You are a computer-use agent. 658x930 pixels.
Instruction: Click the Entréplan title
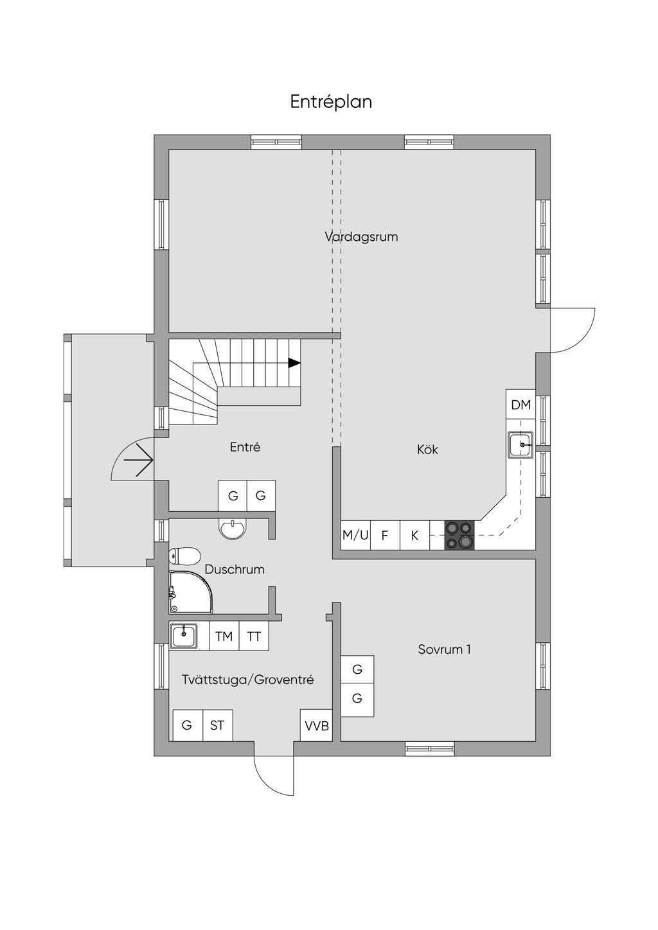[331, 102]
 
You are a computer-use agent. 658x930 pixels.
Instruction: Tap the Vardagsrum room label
[361, 237]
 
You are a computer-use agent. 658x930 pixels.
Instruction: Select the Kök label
[427, 449]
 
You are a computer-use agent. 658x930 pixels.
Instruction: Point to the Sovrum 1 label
[445, 649]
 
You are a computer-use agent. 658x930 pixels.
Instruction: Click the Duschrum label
[235, 569]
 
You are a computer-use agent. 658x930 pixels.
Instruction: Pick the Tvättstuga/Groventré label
[248, 680]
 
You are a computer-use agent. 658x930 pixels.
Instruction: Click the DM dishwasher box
[521, 405]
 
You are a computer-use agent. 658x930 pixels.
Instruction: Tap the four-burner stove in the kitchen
[459, 535]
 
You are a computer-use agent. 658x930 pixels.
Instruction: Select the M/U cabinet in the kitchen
[355, 535]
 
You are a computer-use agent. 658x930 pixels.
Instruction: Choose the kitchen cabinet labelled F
[385, 535]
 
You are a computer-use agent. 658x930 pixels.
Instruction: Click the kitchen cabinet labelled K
[414, 535]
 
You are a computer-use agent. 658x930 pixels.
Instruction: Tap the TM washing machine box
[224, 636]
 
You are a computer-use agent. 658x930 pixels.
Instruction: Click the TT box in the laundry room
[254, 636]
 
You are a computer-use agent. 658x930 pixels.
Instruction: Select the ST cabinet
[218, 726]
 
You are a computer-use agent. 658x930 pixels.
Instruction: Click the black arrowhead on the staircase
[294, 363]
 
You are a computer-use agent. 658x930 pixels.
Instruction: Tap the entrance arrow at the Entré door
[139, 460]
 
